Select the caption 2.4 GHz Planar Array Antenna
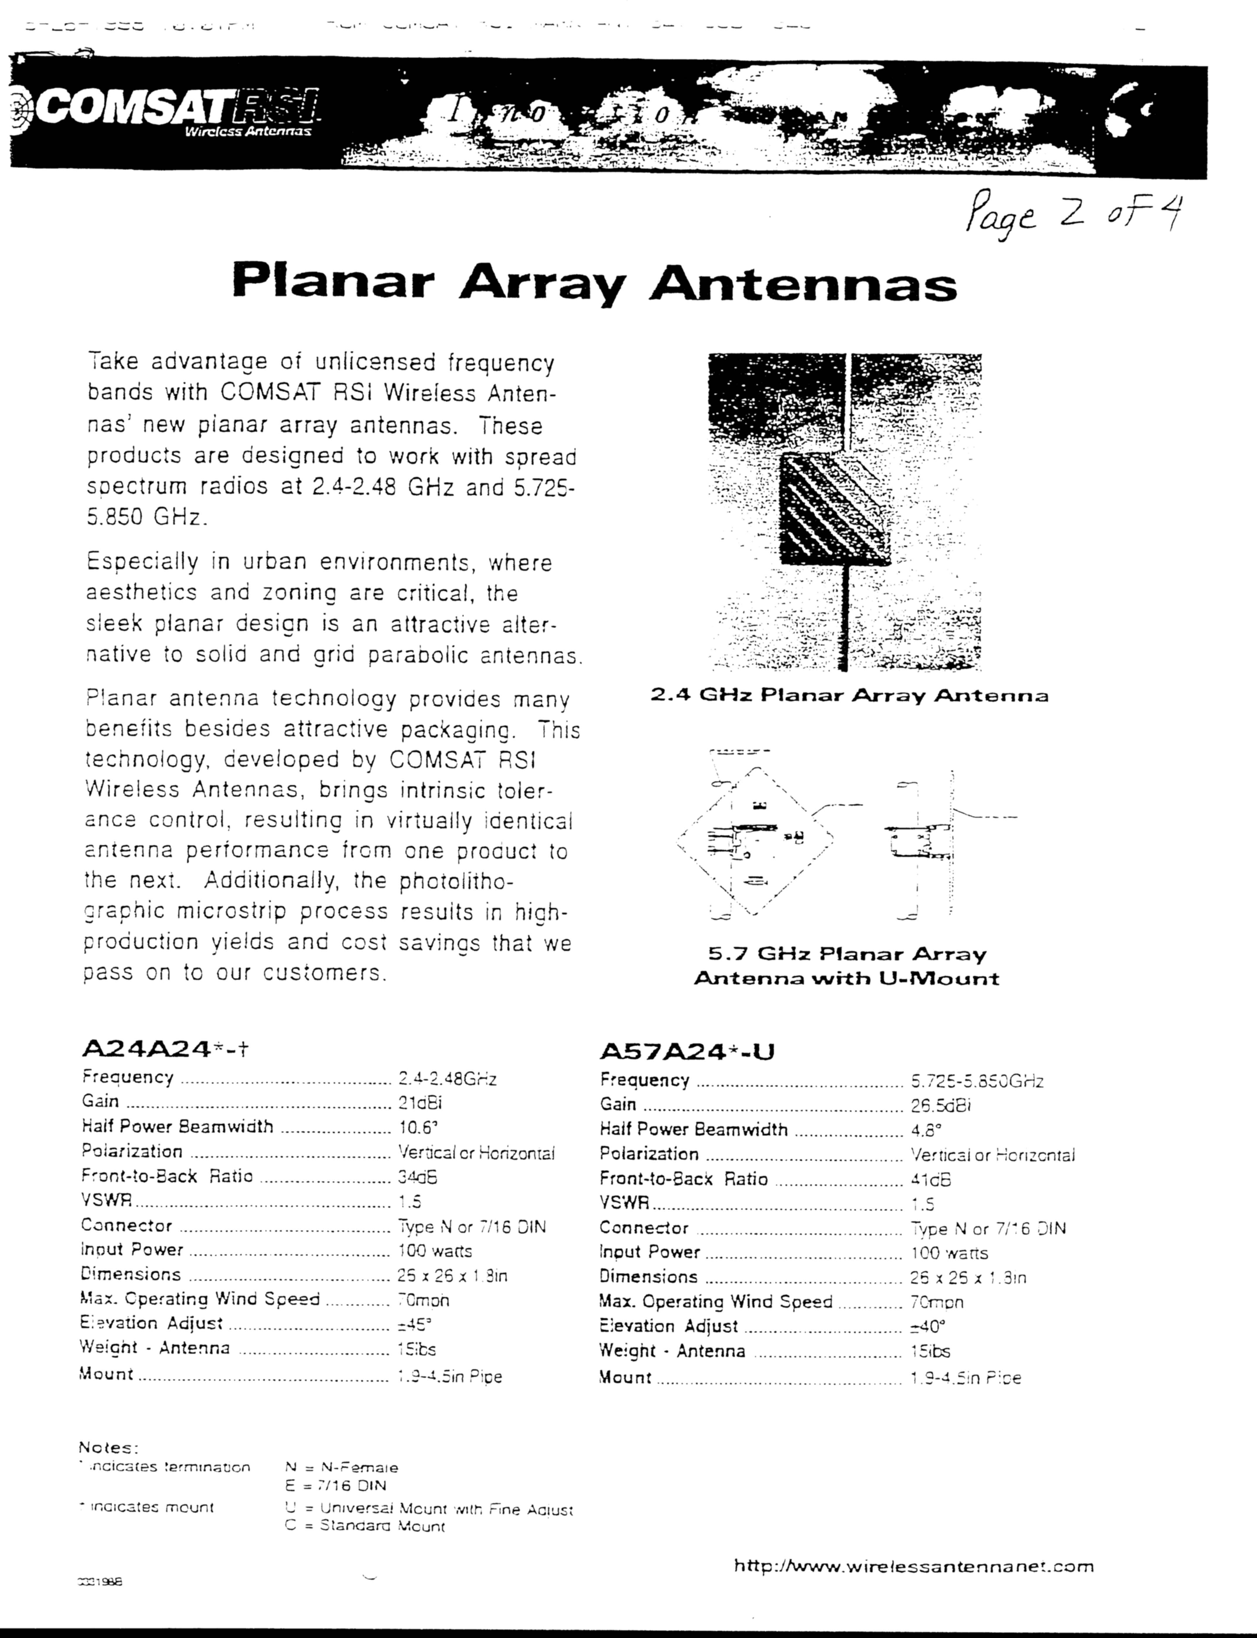coord(849,696)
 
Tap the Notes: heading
coord(108,1448)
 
